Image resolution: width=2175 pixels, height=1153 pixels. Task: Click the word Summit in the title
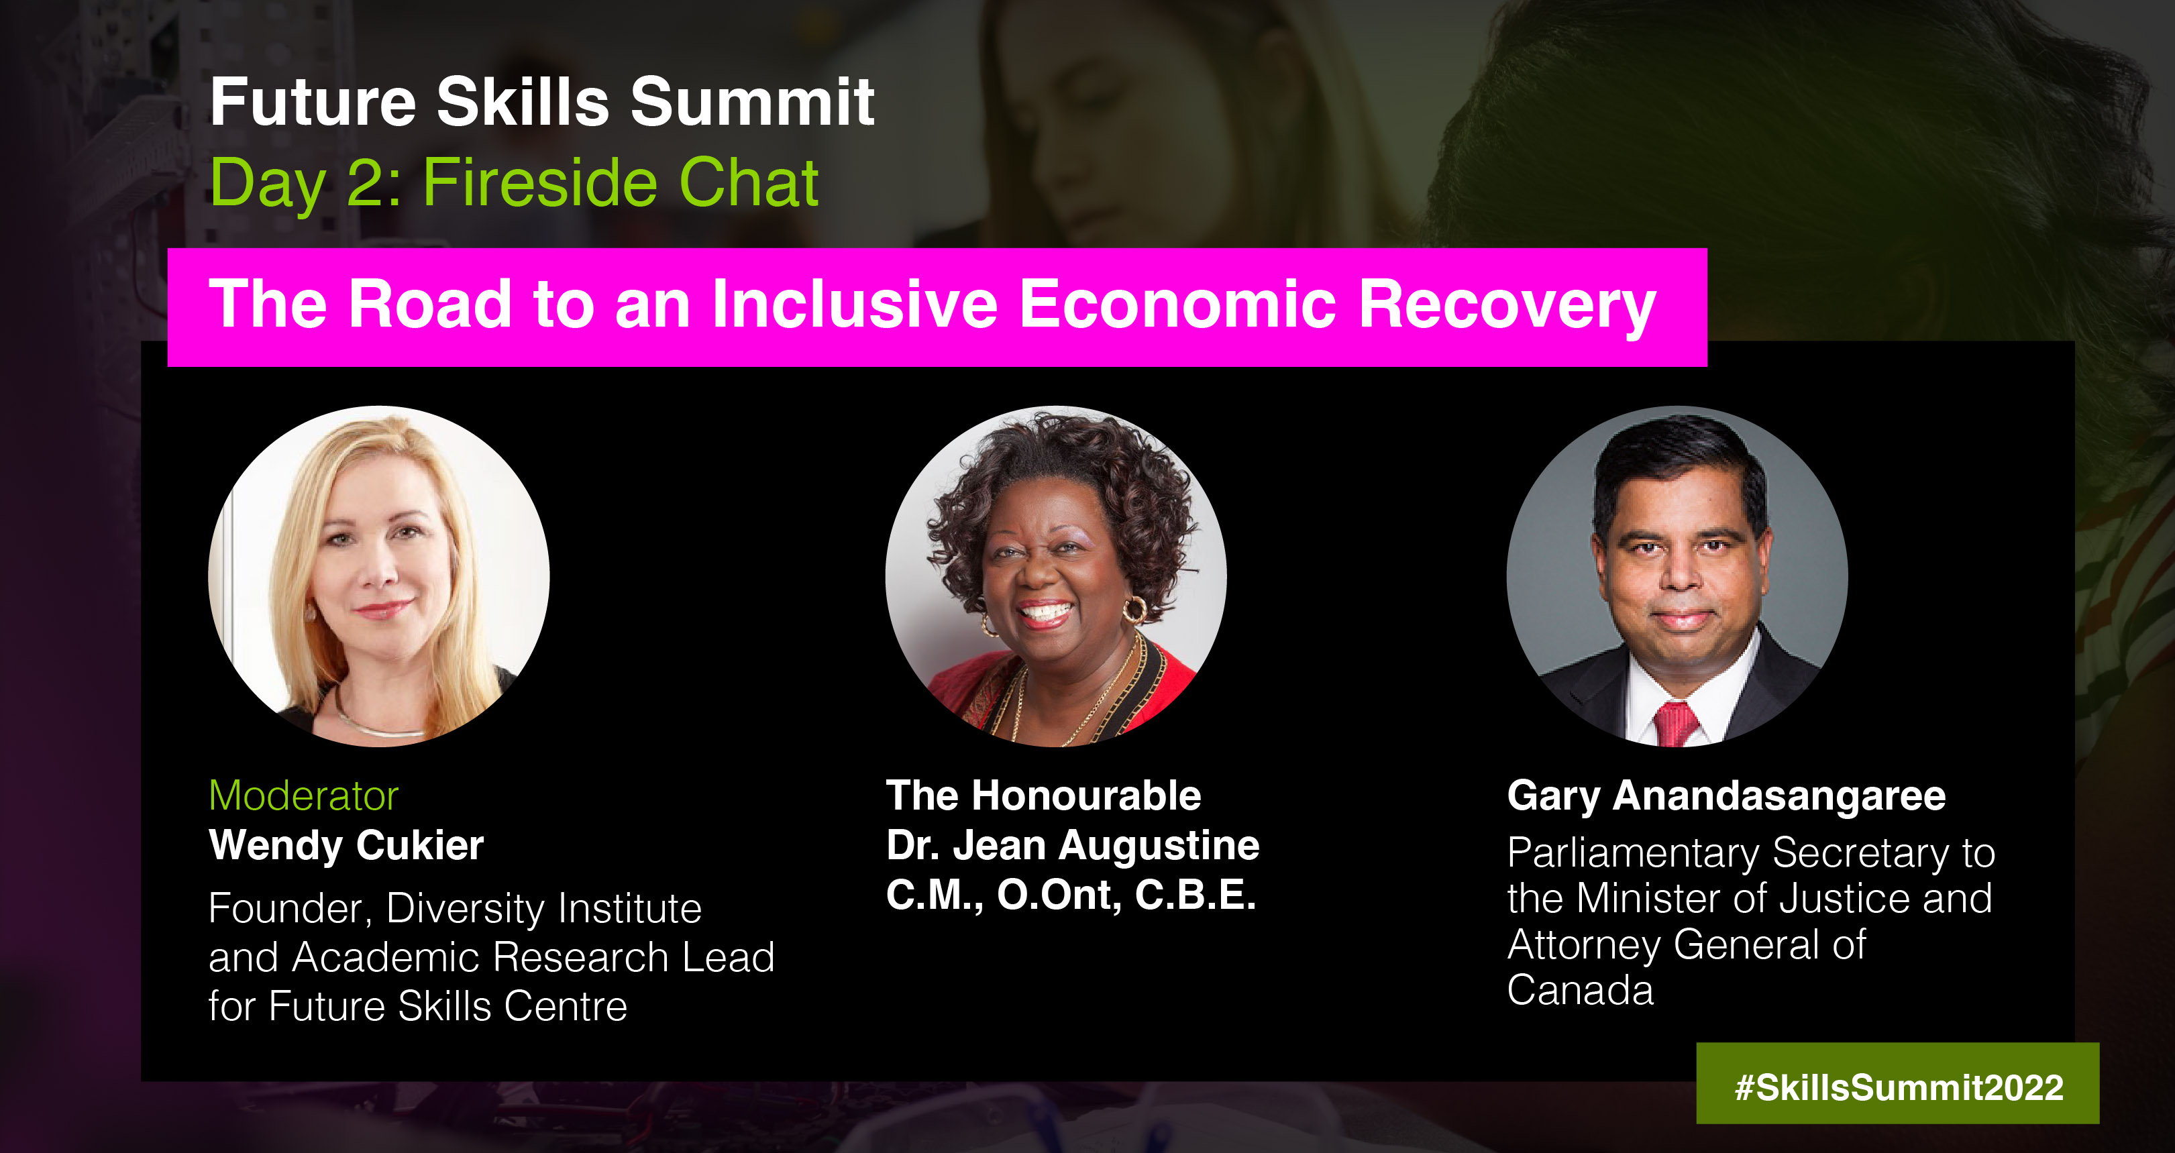752,101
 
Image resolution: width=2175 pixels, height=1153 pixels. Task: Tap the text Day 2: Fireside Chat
513,183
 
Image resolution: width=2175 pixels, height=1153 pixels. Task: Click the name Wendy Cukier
346,846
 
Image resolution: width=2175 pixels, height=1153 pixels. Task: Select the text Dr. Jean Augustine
1072,845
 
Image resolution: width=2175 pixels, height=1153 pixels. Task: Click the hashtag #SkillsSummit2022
1899,1087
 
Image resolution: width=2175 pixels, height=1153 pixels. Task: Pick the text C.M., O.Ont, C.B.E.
1071,895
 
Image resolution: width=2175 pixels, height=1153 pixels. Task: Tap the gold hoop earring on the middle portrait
1134,610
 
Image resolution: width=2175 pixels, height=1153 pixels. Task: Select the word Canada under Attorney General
1581,990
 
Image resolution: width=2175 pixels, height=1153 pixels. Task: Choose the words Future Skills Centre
448,1006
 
